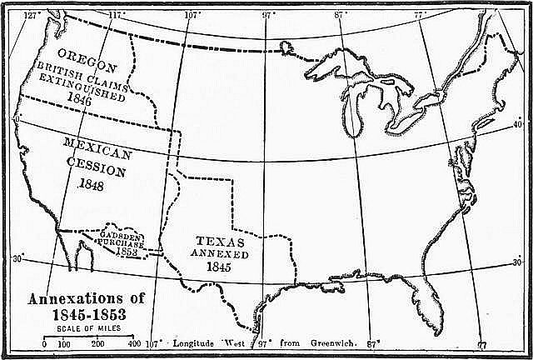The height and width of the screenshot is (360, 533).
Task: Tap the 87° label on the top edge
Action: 340,14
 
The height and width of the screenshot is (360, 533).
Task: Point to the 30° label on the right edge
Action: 517,263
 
